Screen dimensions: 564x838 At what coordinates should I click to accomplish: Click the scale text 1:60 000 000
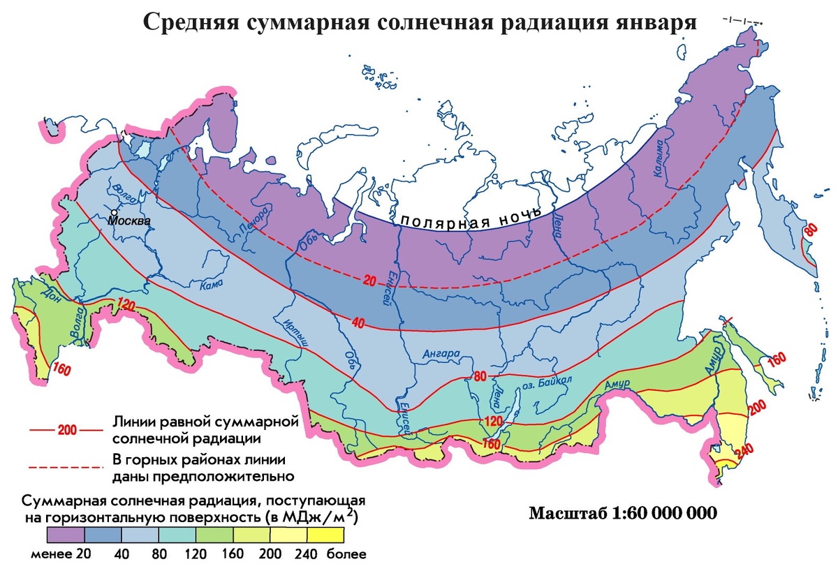point(663,513)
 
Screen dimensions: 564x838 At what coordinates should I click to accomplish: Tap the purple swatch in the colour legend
point(66,535)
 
